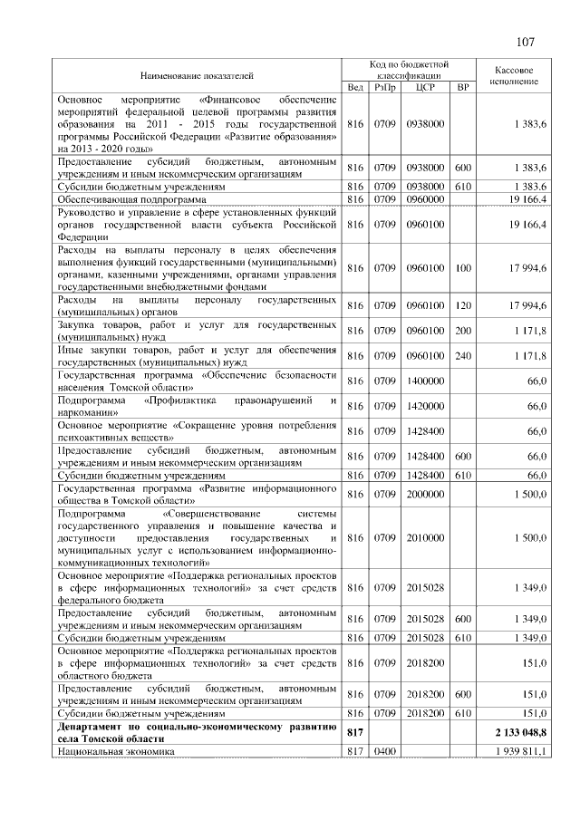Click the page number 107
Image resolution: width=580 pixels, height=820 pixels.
click(x=526, y=43)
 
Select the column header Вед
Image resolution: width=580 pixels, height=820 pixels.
click(x=355, y=87)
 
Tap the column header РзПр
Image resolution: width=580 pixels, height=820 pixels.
click(x=384, y=87)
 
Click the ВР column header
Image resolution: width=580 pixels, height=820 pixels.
click(x=463, y=87)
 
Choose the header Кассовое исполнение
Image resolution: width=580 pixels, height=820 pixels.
click(x=514, y=74)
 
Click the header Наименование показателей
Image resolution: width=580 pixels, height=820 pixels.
click(x=197, y=74)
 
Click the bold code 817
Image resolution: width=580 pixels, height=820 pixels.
click(x=355, y=729)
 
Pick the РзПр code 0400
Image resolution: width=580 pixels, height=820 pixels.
click(x=384, y=751)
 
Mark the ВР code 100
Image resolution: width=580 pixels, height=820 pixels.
click(x=463, y=268)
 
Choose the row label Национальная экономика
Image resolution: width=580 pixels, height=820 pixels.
click(x=115, y=751)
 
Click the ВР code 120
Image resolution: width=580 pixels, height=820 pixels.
click(x=463, y=305)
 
